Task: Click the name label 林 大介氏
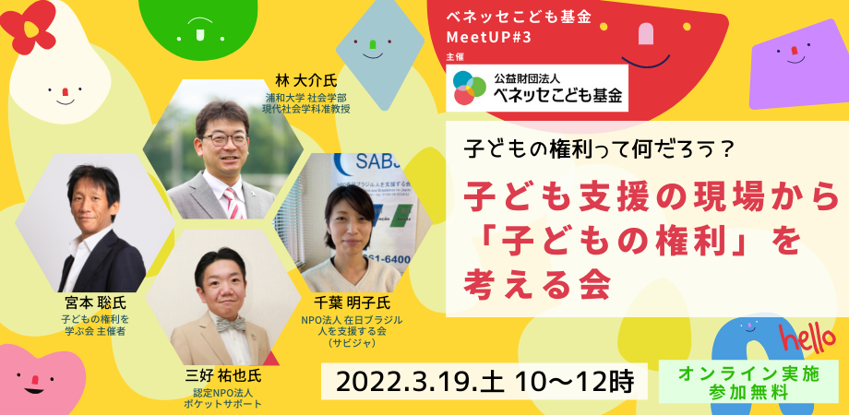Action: click(x=306, y=81)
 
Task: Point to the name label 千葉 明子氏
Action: click(x=352, y=303)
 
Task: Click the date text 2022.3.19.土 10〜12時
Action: click(x=484, y=382)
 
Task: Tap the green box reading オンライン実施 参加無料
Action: click(x=748, y=383)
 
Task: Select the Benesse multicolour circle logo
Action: click(x=470, y=88)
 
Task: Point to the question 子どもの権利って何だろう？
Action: click(x=600, y=148)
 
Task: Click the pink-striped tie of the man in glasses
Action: click(x=233, y=203)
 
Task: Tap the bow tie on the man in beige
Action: click(x=231, y=324)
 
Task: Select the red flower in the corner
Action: click(x=27, y=26)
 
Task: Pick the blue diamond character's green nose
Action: click(x=373, y=42)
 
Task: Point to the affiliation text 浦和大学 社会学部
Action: click(x=306, y=98)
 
